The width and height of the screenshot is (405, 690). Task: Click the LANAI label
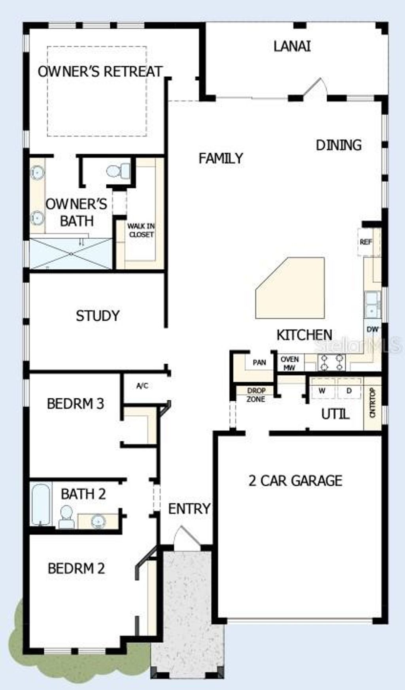pyautogui.click(x=292, y=46)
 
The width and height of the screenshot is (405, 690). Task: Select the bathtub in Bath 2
pyautogui.click(x=41, y=504)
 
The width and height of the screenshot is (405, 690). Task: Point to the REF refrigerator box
pyautogui.click(x=365, y=242)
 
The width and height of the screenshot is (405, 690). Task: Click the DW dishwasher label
pyautogui.click(x=372, y=329)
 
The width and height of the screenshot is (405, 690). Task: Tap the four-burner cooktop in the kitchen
pyautogui.click(x=332, y=362)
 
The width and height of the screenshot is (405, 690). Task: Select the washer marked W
pyautogui.click(x=322, y=391)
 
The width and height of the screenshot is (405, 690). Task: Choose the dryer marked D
pyautogui.click(x=349, y=391)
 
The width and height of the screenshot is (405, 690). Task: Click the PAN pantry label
pyautogui.click(x=259, y=362)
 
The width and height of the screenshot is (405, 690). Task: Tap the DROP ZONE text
pyautogui.click(x=256, y=395)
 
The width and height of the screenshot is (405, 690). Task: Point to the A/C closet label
pyautogui.click(x=142, y=386)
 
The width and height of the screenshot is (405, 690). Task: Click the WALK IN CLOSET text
pyautogui.click(x=141, y=230)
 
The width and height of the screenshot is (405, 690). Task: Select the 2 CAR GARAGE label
pyautogui.click(x=295, y=481)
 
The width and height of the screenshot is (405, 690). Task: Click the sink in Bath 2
pyautogui.click(x=98, y=522)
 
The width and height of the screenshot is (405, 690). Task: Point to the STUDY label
pyautogui.click(x=97, y=316)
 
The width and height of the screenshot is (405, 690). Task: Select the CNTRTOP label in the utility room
pyautogui.click(x=372, y=403)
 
